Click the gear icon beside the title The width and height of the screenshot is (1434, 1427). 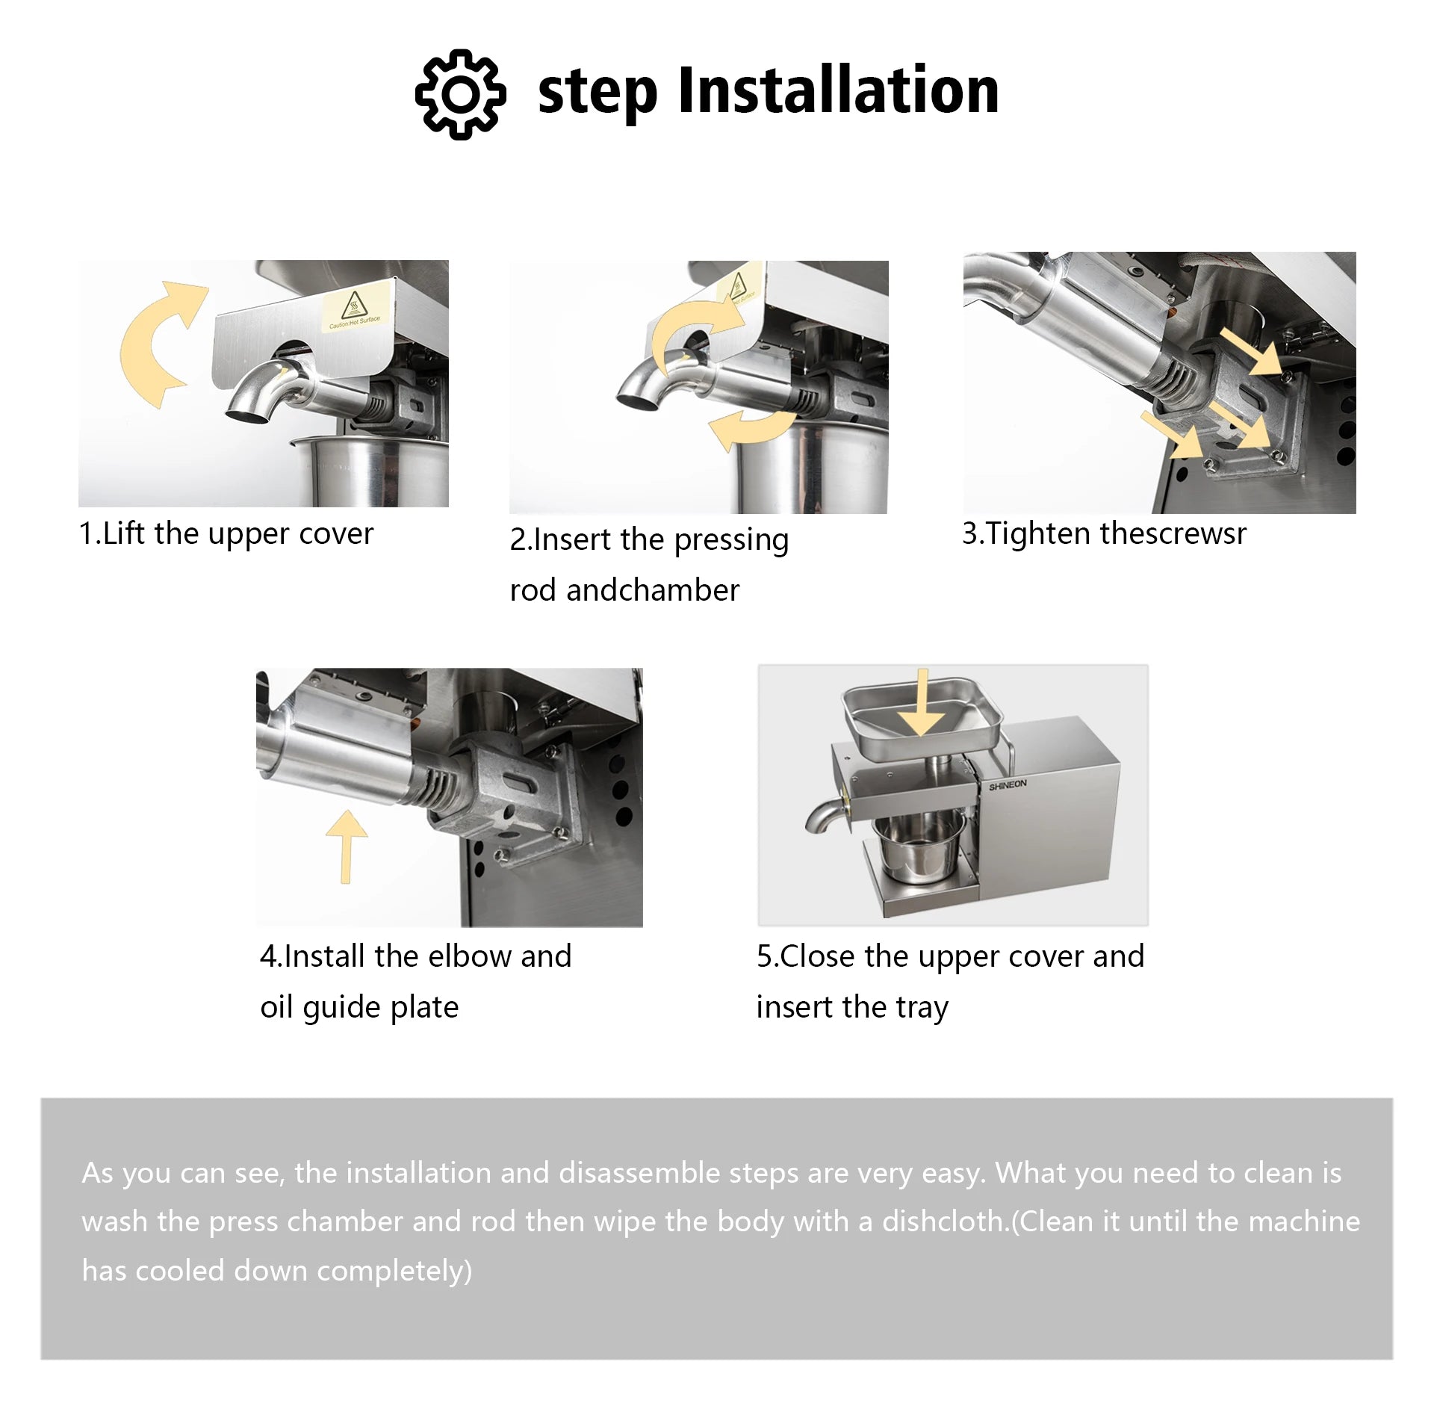tap(460, 94)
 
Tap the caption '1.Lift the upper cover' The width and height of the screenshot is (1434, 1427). tap(226, 534)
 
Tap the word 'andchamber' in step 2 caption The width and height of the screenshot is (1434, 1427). tap(653, 590)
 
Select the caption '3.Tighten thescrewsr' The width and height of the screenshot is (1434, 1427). tap(1104, 533)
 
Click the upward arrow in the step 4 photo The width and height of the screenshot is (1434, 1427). tap(347, 846)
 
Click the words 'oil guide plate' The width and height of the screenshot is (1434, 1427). tap(359, 1008)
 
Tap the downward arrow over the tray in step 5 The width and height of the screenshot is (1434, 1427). tap(922, 703)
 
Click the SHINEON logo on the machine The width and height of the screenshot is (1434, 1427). tap(1008, 785)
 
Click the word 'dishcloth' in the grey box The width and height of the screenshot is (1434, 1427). tap(944, 1222)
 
